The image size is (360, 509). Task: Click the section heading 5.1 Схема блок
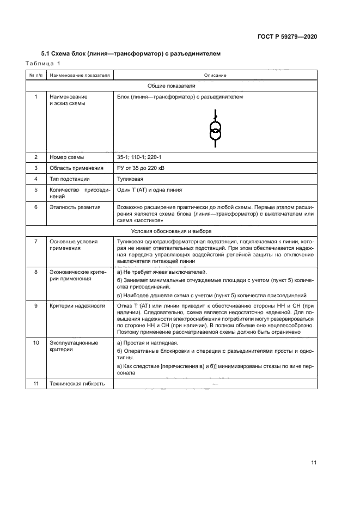tap(131, 54)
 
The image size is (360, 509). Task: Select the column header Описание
tap(215, 75)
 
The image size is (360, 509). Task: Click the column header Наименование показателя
tap(80, 75)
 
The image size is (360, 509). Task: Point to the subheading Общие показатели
tap(172, 85)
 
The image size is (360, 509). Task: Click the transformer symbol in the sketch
tap(215, 131)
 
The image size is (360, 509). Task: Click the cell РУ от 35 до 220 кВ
tap(141, 168)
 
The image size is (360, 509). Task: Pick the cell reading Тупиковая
tap(131, 179)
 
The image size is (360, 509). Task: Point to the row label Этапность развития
tap(74, 207)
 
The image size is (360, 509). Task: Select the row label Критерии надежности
tap(77, 306)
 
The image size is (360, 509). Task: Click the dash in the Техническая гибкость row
tap(215, 384)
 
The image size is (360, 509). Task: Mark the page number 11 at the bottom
tap(314, 463)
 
